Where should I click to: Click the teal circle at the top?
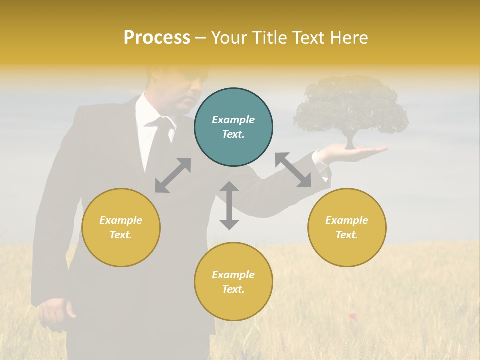click(233, 127)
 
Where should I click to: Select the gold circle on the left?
click(121, 227)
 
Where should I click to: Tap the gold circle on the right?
click(347, 227)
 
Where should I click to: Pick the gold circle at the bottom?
click(233, 282)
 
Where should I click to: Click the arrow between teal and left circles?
click(173, 175)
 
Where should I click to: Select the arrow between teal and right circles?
click(293, 170)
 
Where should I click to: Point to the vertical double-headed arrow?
click(229, 205)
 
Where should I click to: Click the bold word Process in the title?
click(157, 37)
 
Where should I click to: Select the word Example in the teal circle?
click(233, 120)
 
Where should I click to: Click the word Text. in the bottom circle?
click(233, 289)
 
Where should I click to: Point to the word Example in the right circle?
click(347, 220)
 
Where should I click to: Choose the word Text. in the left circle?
click(121, 235)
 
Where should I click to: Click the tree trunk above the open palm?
click(350, 140)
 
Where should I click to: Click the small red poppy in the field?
click(352, 315)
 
